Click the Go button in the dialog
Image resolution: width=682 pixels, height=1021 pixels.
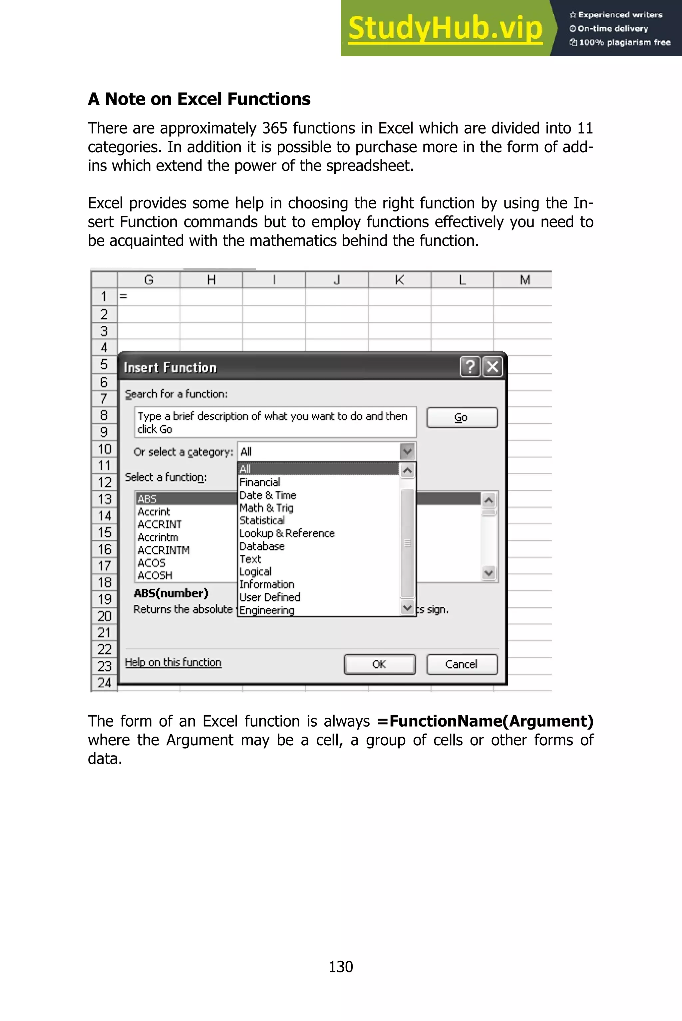click(x=462, y=418)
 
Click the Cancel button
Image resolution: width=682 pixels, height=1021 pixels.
click(x=462, y=664)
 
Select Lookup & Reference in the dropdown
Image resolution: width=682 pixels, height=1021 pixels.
click(x=287, y=533)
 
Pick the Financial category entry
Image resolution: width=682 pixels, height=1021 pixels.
click(x=260, y=482)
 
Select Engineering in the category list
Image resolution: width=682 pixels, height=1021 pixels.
click(x=267, y=610)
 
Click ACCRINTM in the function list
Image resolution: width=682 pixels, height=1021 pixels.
click(x=164, y=550)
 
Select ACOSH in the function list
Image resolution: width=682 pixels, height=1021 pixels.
click(x=155, y=575)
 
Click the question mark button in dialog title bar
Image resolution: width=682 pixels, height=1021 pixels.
click(x=470, y=367)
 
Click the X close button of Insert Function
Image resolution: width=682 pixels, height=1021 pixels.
click(x=493, y=367)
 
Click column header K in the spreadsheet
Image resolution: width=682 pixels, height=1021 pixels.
click(x=399, y=280)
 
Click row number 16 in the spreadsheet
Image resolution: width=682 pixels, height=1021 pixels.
click(x=104, y=549)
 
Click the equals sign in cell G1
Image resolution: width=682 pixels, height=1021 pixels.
click(x=123, y=297)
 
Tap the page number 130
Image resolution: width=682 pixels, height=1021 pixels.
click(x=341, y=967)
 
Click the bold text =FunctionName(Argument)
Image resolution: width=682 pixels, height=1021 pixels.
click(x=485, y=721)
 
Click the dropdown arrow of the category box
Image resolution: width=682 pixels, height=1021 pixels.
click(x=407, y=451)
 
